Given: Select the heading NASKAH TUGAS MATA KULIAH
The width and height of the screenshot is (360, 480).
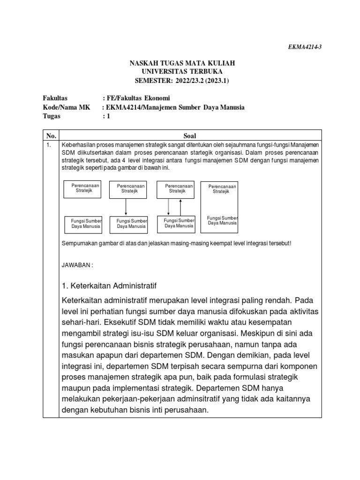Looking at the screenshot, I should pyautogui.click(x=182, y=63).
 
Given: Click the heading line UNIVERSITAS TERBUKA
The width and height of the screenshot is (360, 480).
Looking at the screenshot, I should pyautogui.click(x=182, y=72).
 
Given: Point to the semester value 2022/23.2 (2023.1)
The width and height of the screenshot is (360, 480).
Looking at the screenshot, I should pyautogui.click(x=206, y=81).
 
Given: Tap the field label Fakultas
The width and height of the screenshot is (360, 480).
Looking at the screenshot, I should pyautogui.click(x=55, y=98).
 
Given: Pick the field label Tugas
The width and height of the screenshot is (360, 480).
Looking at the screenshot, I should pyautogui.click(x=52, y=116).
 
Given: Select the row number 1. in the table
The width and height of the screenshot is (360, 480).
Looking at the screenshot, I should pyautogui.click(x=48, y=145).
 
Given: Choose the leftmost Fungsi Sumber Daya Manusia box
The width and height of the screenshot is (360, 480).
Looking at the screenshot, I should pyautogui.click(x=82, y=223).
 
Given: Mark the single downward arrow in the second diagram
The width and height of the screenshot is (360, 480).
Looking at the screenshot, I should pyautogui.click(x=126, y=206).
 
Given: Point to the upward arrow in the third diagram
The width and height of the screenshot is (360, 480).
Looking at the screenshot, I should pyautogui.click(x=181, y=206).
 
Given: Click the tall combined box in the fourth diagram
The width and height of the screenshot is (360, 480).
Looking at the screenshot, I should pyautogui.click(x=219, y=207).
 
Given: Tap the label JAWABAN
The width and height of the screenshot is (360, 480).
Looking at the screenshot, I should pyautogui.click(x=78, y=265).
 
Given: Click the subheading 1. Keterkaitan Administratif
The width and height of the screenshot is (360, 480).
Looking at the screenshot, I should pyautogui.click(x=109, y=285).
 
